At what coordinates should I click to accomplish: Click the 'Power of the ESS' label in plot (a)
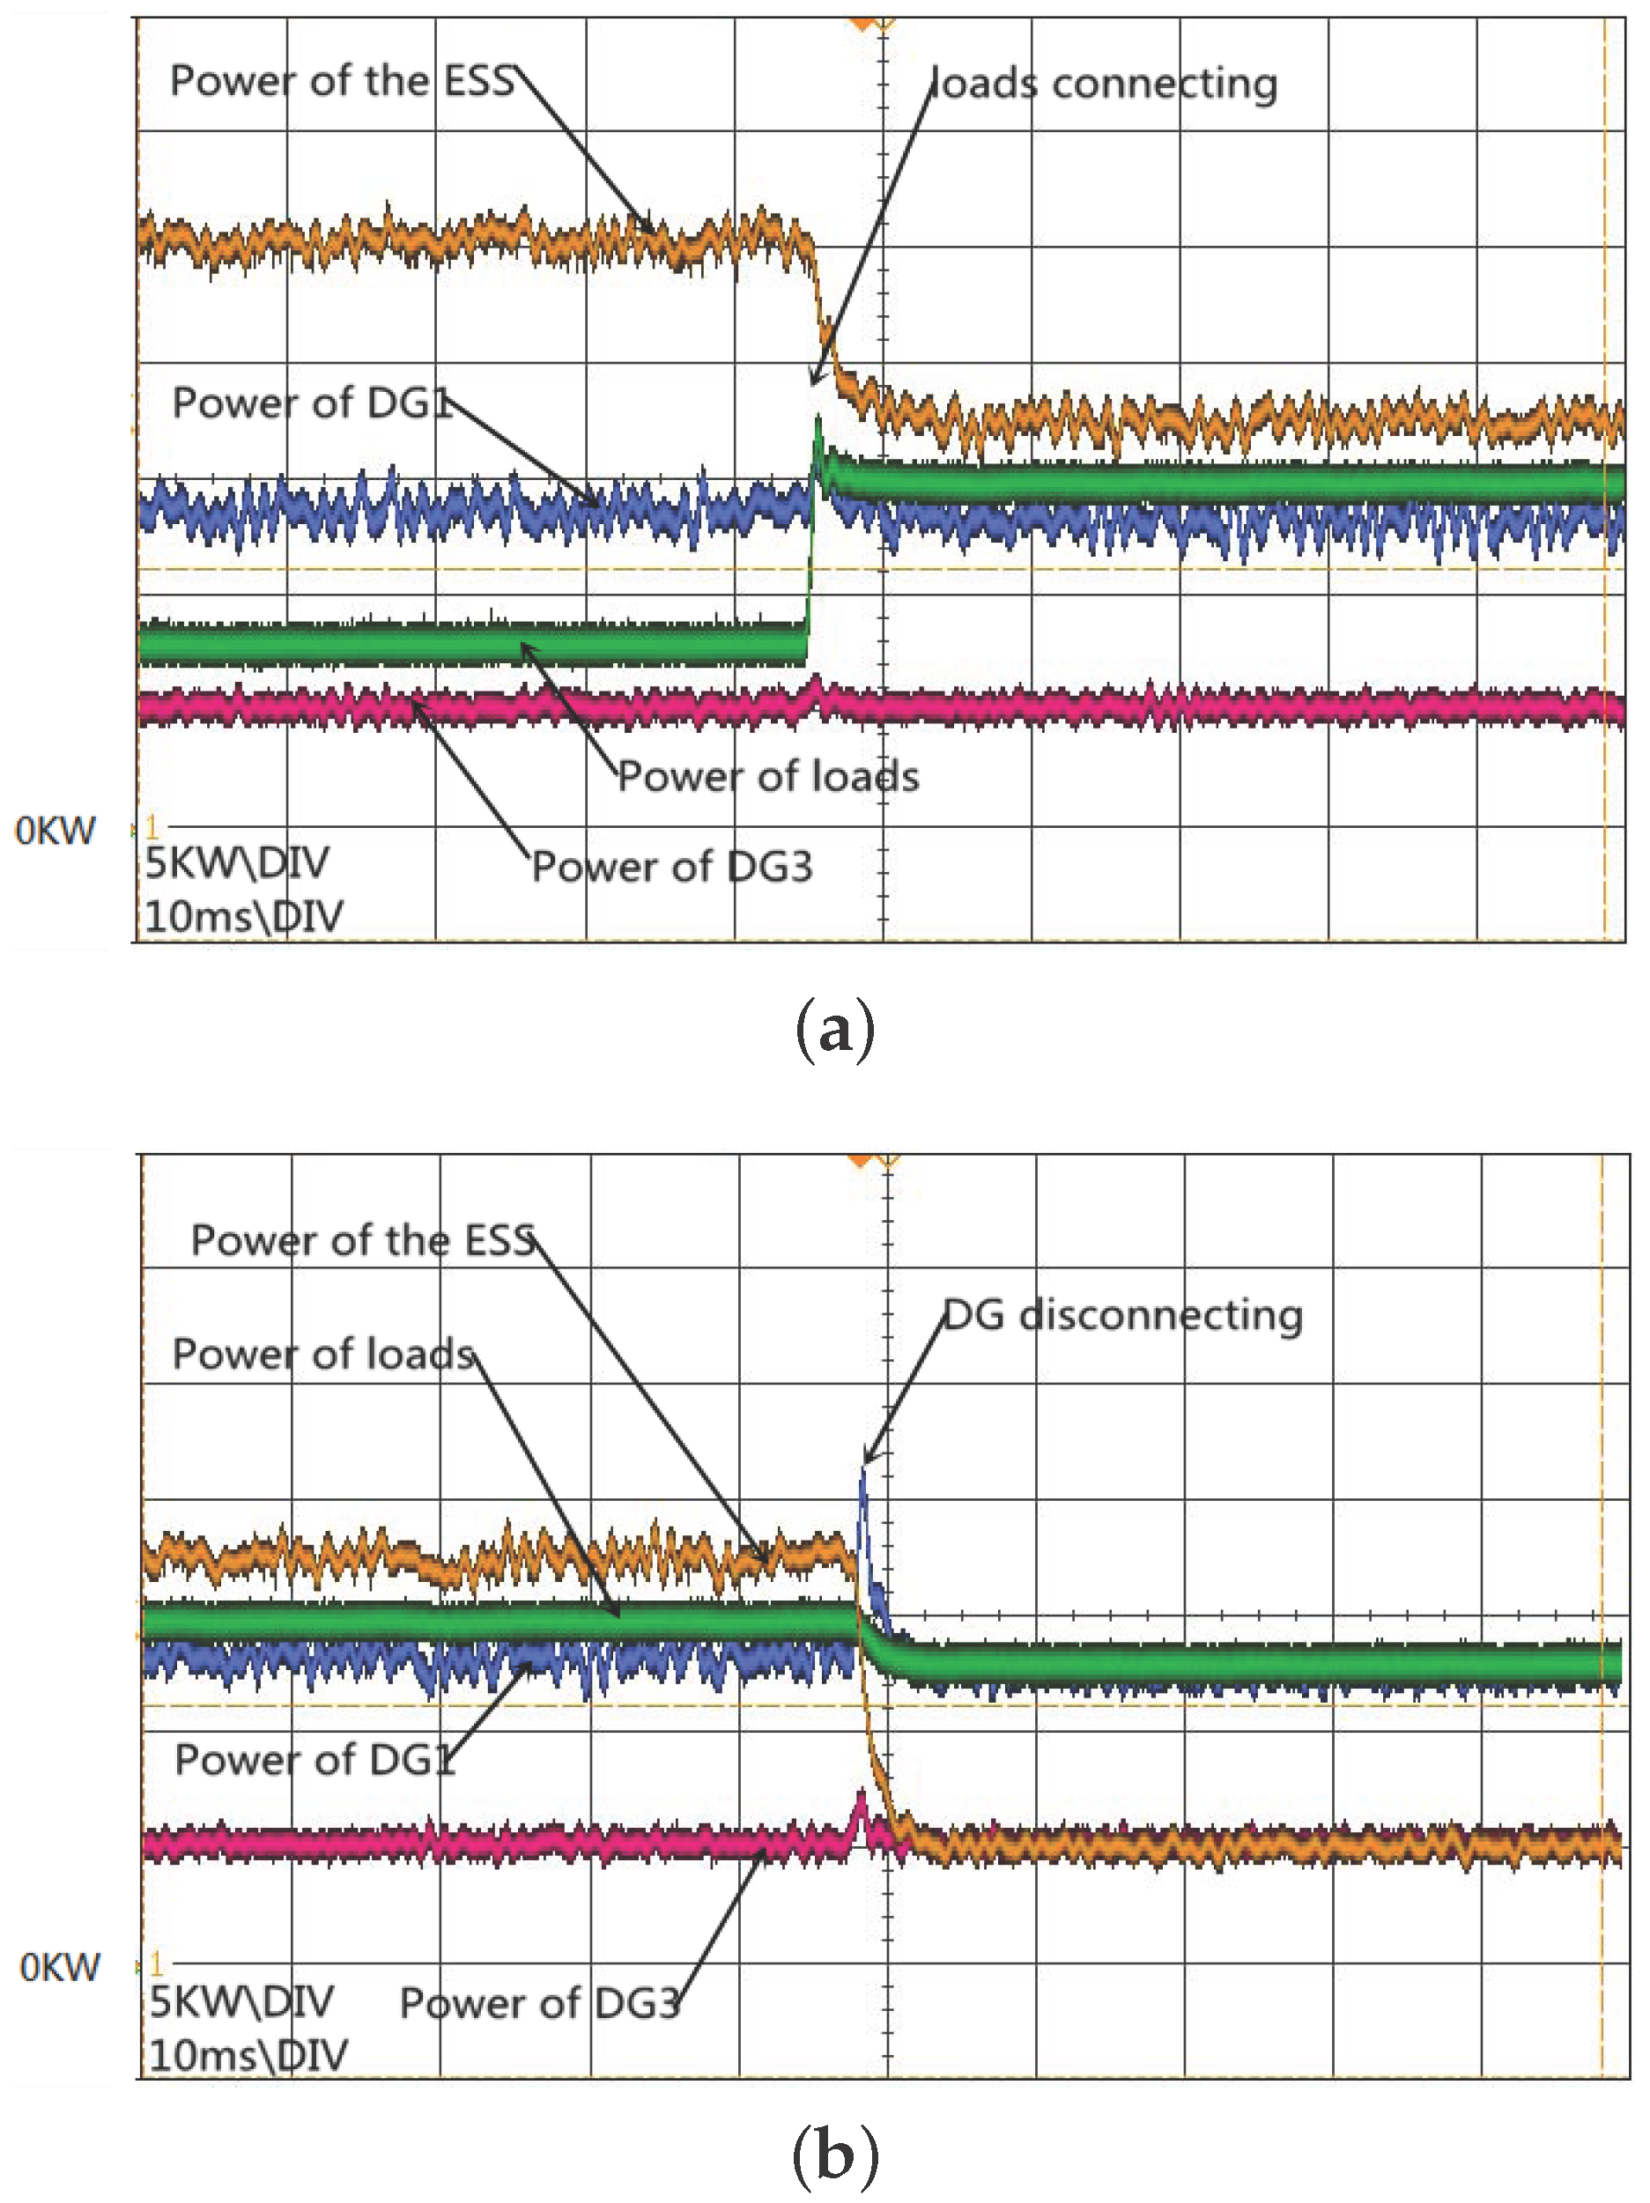point(342,81)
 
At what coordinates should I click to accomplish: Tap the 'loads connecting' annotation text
point(1103,84)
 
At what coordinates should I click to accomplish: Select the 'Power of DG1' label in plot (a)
point(312,403)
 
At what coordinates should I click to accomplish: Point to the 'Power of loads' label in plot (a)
point(768,777)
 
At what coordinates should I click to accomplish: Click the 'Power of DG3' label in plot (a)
point(672,868)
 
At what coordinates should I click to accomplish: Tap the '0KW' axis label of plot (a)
point(55,831)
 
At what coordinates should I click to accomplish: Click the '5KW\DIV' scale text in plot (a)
point(237,863)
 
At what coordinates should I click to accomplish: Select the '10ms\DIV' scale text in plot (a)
point(244,916)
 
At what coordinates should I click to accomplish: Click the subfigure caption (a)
point(834,1031)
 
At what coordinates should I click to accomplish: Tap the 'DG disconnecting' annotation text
point(1122,1316)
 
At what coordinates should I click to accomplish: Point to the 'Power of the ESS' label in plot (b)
point(364,1241)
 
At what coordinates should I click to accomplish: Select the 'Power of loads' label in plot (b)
point(323,1355)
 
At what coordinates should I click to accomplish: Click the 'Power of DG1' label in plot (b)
point(314,1760)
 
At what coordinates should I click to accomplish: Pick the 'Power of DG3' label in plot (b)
point(540,2003)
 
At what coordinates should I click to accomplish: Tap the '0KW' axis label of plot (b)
point(60,1968)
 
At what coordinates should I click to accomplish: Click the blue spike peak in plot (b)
point(862,1470)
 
